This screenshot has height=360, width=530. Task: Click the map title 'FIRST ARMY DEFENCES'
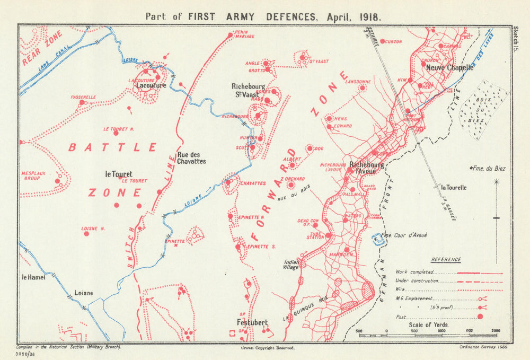(x=248, y=16)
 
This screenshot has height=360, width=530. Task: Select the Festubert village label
(x=252, y=321)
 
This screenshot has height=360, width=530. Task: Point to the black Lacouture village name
(x=151, y=85)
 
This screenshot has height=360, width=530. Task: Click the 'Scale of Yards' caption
(x=428, y=324)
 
